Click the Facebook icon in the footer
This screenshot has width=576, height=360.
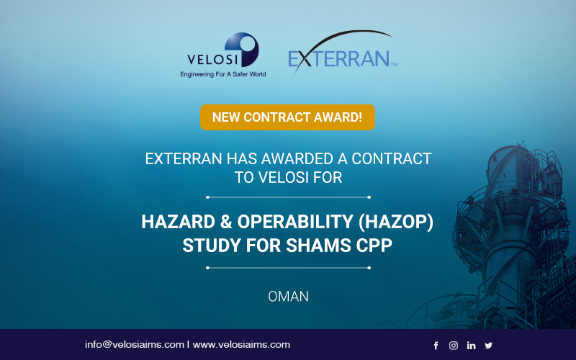(436, 346)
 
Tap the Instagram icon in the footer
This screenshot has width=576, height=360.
(454, 346)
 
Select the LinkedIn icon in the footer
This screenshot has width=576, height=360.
(472, 346)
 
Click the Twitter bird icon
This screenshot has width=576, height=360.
(489, 346)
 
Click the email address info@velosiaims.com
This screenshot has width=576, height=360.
(135, 345)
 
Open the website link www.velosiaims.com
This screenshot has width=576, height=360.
(241, 345)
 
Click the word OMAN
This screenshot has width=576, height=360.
(289, 297)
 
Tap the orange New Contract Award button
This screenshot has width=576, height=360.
(287, 117)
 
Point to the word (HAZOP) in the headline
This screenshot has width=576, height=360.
(396, 222)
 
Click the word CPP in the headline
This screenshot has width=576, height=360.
(374, 246)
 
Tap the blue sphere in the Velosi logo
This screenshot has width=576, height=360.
(242, 49)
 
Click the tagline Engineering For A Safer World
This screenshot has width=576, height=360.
(223, 74)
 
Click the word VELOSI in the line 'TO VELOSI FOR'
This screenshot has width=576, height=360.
(283, 177)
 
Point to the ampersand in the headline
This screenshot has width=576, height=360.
(226, 222)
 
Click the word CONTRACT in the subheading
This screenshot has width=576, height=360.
(391, 159)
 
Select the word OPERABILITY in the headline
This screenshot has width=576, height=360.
(295, 222)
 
